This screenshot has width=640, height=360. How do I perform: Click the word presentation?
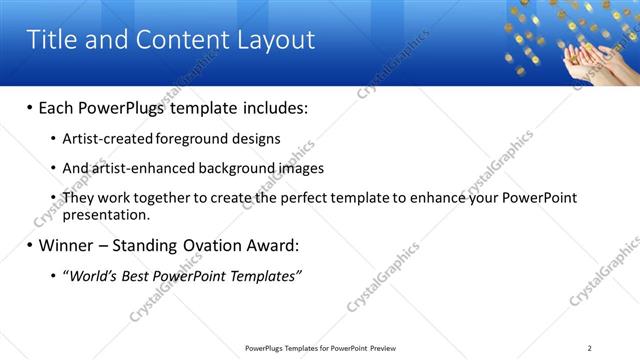tap(106, 214)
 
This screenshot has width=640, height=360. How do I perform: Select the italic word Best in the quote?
tap(139, 276)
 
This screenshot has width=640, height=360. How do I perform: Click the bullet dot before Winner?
tap(29, 245)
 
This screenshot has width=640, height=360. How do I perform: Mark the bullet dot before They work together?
tap(53, 198)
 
